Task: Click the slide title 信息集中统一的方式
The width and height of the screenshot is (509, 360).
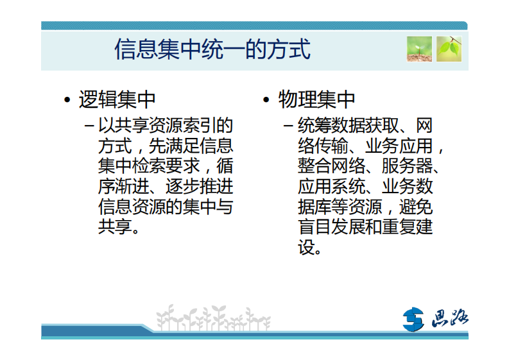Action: pyautogui.click(x=212, y=49)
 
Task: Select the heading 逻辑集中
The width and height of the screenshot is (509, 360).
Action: pyautogui.click(x=117, y=100)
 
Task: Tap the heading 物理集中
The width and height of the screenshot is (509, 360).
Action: pyautogui.click(x=316, y=100)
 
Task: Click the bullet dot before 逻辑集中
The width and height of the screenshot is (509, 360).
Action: pyautogui.click(x=67, y=101)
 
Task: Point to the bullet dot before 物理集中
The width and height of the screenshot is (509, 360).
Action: pyautogui.click(x=266, y=101)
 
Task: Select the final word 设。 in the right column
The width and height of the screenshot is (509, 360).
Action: pyautogui.click(x=309, y=248)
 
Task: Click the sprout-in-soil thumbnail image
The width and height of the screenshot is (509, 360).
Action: pyautogui.click(x=418, y=49)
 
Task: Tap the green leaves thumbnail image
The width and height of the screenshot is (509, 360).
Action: pyautogui.click(x=449, y=49)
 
